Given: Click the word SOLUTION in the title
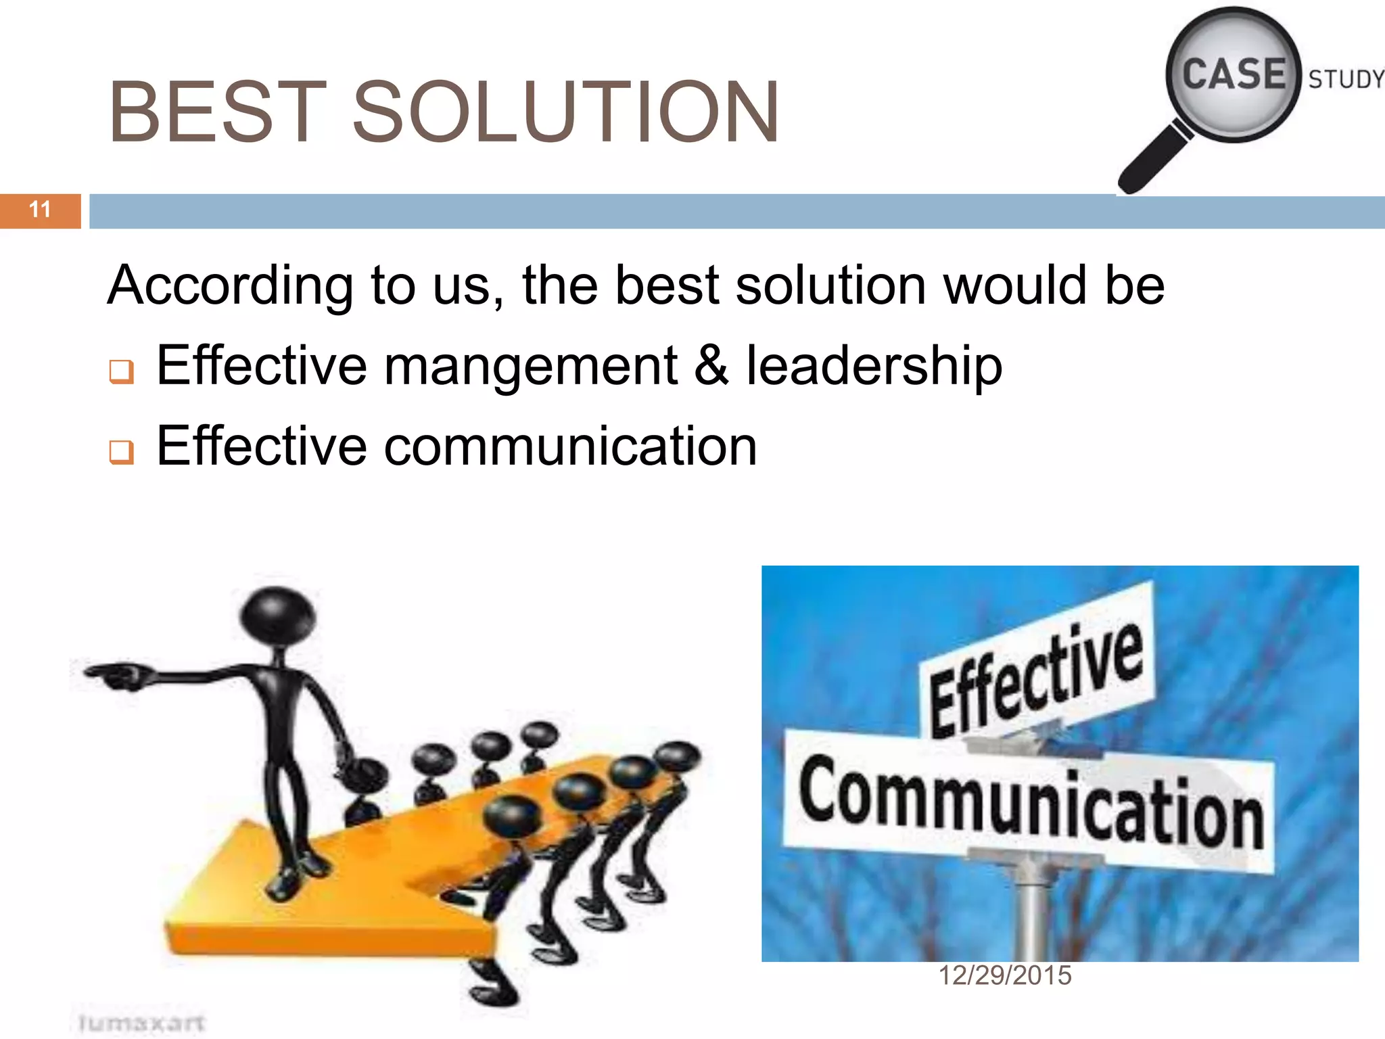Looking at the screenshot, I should tap(565, 112).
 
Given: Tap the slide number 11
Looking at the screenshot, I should tap(40, 210).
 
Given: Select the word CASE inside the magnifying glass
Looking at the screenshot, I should tap(1234, 74).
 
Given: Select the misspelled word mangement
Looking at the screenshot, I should tap(531, 367).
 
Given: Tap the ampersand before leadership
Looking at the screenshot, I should tap(711, 367).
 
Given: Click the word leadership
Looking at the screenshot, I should tap(874, 367).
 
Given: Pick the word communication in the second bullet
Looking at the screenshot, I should tap(571, 446).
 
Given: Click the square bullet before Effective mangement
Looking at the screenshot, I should tap(122, 371).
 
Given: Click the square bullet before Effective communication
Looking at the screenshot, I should tap(122, 452).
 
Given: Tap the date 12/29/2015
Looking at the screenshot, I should tap(1005, 975).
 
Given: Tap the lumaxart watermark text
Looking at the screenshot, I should tap(141, 1022).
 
